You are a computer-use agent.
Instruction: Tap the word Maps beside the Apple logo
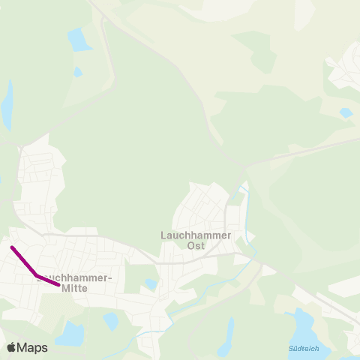(x=32, y=347)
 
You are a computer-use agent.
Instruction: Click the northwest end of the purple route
(x=12, y=247)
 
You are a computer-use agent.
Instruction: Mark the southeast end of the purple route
(x=58, y=284)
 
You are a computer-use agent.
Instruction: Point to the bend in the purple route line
(x=37, y=275)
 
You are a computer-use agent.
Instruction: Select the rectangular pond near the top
(x=79, y=39)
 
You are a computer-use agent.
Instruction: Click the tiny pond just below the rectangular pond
(x=78, y=72)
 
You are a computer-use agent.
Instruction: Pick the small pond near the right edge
(x=345, y=112)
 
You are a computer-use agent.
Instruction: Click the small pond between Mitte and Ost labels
(x=151, y=284)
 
